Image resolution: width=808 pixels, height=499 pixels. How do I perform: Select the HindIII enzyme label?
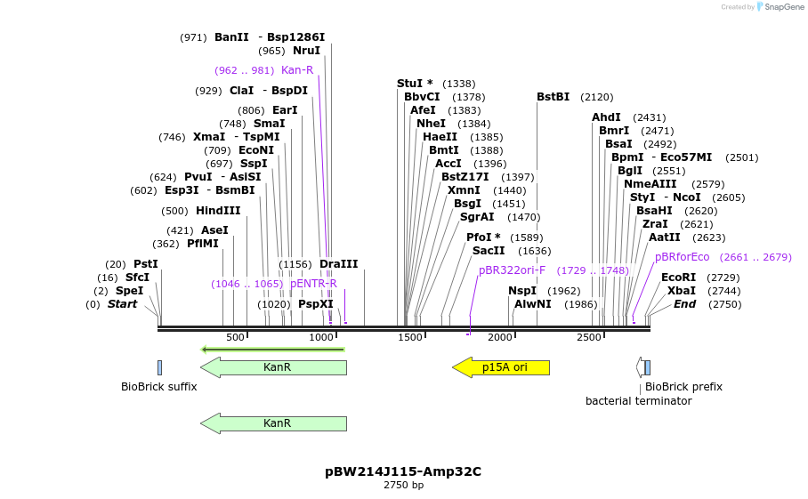[218, 211]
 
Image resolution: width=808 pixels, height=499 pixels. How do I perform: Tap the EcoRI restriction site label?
[678, 278]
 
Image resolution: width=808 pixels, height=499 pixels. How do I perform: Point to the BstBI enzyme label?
[553, 97]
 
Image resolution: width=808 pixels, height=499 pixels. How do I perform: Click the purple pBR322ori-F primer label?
[512, 270]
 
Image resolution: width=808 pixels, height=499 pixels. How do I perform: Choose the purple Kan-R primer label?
[297, 70]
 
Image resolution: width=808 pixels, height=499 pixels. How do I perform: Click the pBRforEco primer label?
[683, 257]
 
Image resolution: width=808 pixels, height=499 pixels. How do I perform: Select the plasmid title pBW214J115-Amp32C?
[403, 471]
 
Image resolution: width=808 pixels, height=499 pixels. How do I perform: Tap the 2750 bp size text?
[403, 486]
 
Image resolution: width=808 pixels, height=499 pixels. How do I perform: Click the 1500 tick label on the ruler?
[410, 338]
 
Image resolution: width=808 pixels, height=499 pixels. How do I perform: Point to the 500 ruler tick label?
[235, 338]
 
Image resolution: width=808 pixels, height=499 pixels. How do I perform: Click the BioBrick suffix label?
[159, 387]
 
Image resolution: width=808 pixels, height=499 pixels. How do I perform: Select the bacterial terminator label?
[638, 401]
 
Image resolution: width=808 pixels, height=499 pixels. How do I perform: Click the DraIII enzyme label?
[338, 264]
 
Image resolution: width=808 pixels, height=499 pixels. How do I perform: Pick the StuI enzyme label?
[415, 84]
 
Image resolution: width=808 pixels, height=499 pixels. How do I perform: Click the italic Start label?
[123, 304]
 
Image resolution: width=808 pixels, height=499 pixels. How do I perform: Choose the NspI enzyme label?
[522, 291]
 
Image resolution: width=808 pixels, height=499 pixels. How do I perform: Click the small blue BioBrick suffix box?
[159, 367]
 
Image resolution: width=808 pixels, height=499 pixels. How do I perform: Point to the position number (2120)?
[596, 97]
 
